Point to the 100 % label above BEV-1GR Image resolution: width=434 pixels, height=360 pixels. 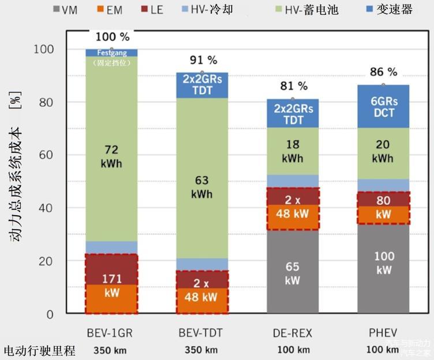coord(112,37)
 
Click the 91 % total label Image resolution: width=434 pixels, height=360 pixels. coord(203,60)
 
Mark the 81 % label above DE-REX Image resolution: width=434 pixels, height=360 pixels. coord(294,86)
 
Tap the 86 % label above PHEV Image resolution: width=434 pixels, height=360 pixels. coord(383,72)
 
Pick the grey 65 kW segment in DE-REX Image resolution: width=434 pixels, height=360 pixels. coord(293,272)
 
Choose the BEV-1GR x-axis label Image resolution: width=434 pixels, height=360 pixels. coord(111,333)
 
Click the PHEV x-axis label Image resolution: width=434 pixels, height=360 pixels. coord(383,333)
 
